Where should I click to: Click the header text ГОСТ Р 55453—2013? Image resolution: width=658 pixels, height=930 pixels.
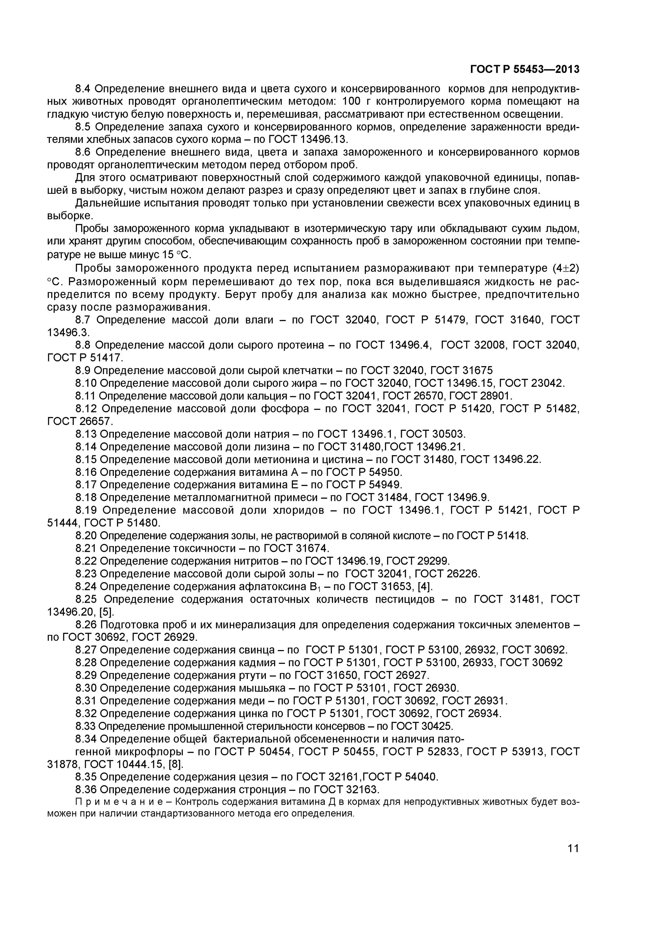(x=525, y=70)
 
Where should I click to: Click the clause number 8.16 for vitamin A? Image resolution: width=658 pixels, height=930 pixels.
(x=86, y=472)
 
